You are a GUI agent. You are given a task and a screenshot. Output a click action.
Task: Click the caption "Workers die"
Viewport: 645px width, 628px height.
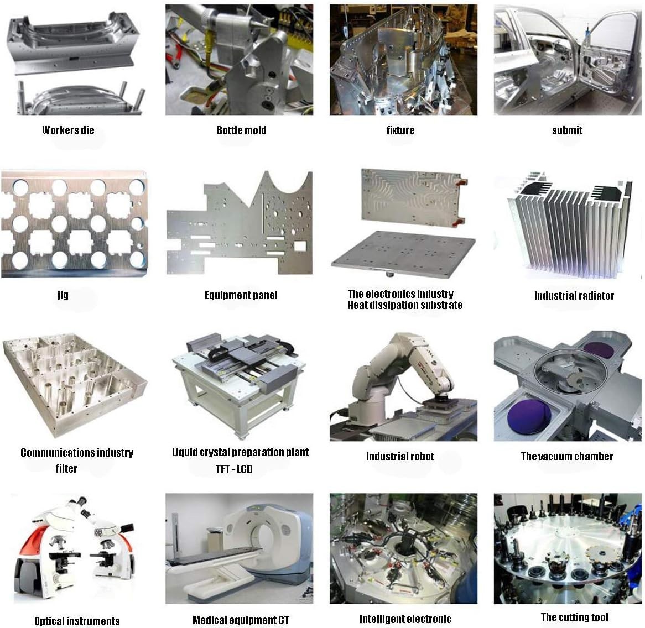click(x=68, y=130)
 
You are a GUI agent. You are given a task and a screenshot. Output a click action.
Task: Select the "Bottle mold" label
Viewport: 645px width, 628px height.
click(x=241, y=130)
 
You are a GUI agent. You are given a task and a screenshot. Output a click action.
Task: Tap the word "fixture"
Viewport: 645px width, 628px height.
click(x=400, y=130)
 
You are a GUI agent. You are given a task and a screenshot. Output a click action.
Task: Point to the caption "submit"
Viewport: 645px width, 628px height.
click(x=567, y=130)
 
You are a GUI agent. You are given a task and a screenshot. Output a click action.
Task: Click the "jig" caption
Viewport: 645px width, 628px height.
click(x=63, y=295)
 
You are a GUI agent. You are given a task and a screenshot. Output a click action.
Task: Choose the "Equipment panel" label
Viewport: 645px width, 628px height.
click(x=241, y=295)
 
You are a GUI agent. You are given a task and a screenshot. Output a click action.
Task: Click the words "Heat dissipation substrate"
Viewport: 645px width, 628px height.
click(x=405, y=305)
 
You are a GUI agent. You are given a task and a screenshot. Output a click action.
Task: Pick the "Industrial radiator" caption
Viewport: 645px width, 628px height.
click(x=574, y=296)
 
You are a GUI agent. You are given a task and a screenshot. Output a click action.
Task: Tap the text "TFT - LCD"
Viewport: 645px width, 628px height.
click(x=234, y=469)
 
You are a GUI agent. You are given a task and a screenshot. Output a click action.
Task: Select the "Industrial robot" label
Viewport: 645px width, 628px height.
click(x=400, y=457)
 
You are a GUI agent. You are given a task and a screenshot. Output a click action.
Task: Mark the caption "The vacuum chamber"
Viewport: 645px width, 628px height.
click(x=567, y=457)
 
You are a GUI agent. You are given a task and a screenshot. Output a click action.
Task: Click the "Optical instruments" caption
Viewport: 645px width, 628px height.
click(x=77, y=621)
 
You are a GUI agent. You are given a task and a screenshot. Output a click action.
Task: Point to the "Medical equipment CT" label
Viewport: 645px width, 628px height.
click(x=241, y=620)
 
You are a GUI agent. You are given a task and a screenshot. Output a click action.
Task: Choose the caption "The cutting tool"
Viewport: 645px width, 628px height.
click(x=574, y=617)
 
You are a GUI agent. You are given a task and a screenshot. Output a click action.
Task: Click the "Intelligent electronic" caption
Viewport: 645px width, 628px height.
click(x=405, y=619)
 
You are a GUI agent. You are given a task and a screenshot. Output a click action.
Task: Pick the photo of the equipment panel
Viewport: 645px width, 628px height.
click(x=240, y=223)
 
